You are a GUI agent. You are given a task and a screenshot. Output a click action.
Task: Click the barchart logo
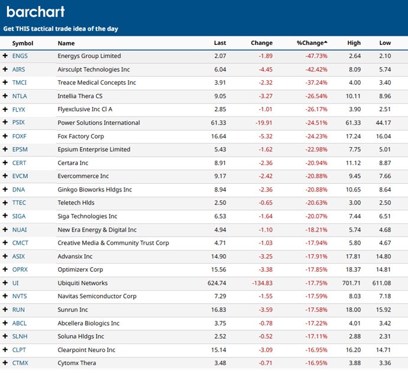click(35, 12)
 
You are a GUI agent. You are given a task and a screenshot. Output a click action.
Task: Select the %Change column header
click(312, 43)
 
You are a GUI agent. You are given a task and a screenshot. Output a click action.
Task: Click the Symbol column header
click(22, 43)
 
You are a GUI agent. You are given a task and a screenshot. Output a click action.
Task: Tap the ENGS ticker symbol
click(20, 56)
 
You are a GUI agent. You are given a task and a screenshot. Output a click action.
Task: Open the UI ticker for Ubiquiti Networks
click(15, 283)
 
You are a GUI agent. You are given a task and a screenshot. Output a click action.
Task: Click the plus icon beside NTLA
click(5, 96)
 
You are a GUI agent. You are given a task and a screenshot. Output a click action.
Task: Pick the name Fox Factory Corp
click(82, 137)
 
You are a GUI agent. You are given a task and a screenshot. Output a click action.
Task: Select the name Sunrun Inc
click(73, 310)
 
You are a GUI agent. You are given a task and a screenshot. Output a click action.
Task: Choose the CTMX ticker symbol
click(20, 363)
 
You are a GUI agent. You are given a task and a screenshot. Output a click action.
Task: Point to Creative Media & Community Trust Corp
click(113, 243)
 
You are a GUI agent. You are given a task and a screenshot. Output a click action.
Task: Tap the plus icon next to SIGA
click(5, 216)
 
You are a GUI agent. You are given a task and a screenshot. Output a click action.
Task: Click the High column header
click(354, 43)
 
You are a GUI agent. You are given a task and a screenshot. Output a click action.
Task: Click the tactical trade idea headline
click(63, 28)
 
